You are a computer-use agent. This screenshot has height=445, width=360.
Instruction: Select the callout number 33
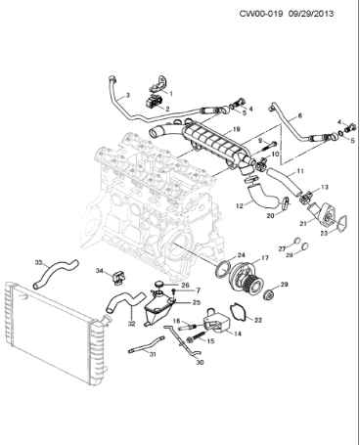39,262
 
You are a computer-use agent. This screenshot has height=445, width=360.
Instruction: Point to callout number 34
99,270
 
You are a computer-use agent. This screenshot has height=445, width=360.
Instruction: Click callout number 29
285,285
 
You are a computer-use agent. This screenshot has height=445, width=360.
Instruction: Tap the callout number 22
258,320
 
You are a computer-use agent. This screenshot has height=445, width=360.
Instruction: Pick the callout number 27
282,249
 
